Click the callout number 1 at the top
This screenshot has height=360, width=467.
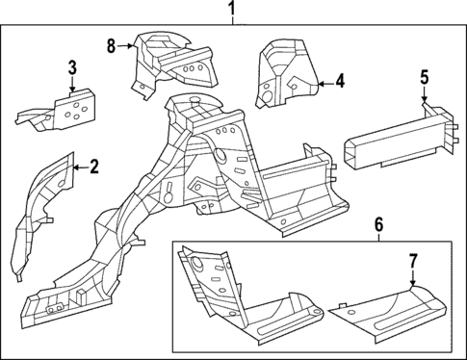click(x=230, y=12)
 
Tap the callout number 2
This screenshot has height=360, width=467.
click(x=93, y=167)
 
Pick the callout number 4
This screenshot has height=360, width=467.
click(x=340, y=81)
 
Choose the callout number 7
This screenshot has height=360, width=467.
click(x=412, y=260)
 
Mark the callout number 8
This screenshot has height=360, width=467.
click(x=112, y=43)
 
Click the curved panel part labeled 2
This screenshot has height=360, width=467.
click(x=43, y=207)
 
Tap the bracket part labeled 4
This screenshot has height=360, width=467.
click(x=284, y=72)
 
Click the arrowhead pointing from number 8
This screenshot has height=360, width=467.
click(x=132, y=44)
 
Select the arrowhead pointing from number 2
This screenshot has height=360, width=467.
click(x=74, y=168)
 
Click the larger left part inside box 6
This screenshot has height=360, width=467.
click(x=241, y=298)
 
